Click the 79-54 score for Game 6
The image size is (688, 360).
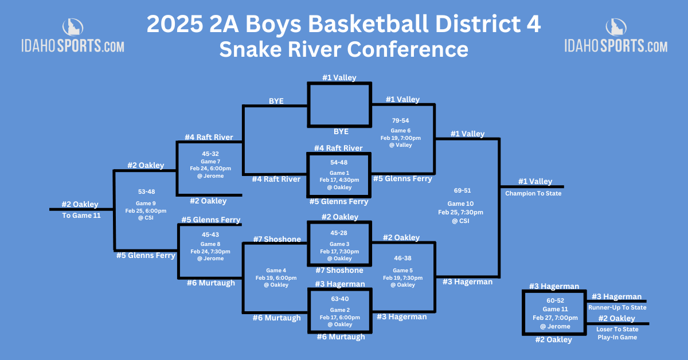[401, 120]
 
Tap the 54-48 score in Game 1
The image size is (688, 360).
[339, 162]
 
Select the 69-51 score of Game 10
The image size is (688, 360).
[462, 190]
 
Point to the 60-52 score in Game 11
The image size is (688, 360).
[555, 300]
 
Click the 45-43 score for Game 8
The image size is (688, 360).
[210, 234]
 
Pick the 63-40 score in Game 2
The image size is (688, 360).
[339, 299]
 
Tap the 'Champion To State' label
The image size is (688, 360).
[533, 194]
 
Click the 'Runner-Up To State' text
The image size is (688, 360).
[617, 307]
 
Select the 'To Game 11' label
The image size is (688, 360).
[81, 216]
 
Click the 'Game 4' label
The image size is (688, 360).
[276, 271]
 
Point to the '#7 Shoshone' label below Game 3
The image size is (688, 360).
[339, 271]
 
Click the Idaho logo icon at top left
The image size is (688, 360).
[73, 27]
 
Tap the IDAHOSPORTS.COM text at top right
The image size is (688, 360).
[616, 46]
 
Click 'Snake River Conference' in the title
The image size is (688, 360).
[343, 49]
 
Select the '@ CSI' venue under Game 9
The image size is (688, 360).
[146, 218]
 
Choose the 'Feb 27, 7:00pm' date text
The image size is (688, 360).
[555, 318]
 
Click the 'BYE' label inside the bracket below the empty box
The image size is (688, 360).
[341, 131]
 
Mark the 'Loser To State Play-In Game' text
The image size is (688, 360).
[617, 333]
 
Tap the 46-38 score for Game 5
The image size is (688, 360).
[402, 259]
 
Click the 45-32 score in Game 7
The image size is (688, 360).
[210, 154]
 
